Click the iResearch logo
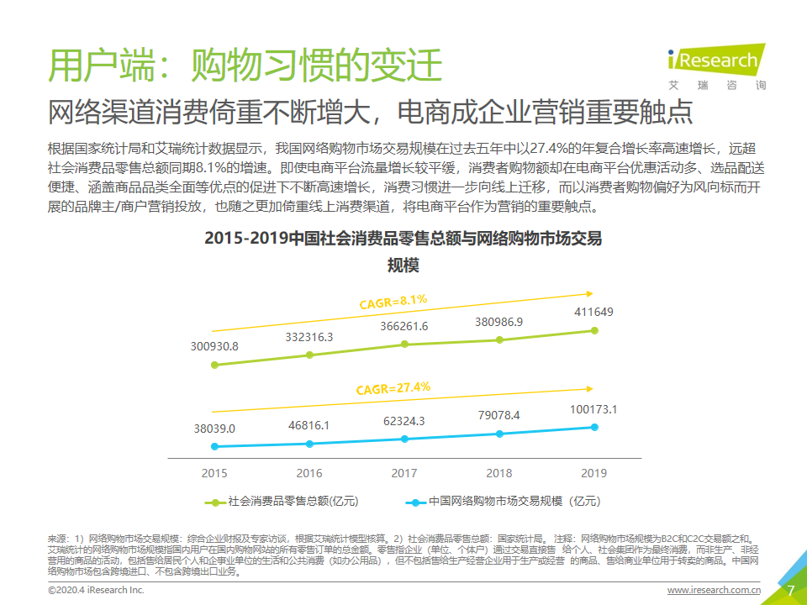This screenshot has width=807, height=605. pyautogui.click(x=715, y=64)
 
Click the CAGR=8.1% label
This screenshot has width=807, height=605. pyautogui.click(x=393, y=300)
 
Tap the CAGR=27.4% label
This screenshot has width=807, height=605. pyautogui.click(x=393, y=388)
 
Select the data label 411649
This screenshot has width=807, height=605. pyautogui.click(x=594, y=313)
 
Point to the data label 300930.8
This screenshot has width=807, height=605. pyautogui.click(x=214, y=346)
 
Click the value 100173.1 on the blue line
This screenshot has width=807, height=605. pyautogui.click(x=594, y=410)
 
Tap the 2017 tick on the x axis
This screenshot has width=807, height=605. pyautogui.click(x=404, y=473)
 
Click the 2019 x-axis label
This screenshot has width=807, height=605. pyautogui.click(x=594, y=473)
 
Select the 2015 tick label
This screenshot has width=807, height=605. pyautogui.click(x=214, y=473)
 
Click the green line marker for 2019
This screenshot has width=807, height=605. pyautogui.click(x=594, y=331)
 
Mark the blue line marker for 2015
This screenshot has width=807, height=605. pyautogui.click(x=214, y=446)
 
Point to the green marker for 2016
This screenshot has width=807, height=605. pyautogui.click(x=309, y=355)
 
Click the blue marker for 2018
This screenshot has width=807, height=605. pyautogui.click(x=499, y=434)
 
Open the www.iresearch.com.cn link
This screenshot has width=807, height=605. pyautogui.click(x=715, y=591)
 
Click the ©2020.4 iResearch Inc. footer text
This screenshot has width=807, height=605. pyautogui.click(x=97, y=591)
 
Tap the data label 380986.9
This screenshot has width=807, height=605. pyautogui.click(x=499, y=322)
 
